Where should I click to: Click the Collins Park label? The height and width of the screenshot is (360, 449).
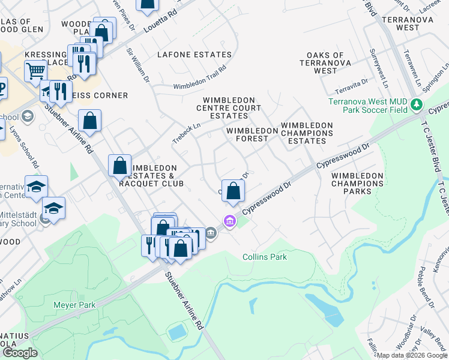tap(265, 257)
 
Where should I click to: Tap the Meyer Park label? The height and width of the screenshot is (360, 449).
tap(74, 305)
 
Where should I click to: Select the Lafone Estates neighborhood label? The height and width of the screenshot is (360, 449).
tap(194, 55)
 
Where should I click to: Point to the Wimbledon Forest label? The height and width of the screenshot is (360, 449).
tap(247, 134)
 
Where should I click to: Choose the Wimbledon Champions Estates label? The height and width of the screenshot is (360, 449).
tap(307, 133)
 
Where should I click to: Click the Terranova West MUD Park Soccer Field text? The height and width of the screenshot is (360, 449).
tap(368, 106)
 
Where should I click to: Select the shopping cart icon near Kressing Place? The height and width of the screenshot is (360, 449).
tap(35, 71)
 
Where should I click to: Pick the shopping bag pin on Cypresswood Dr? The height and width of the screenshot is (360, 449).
tap(234, 191)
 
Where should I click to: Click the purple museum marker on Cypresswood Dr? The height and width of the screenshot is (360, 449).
tap(229, 222)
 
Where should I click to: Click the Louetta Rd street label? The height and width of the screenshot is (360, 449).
tap(161, 21)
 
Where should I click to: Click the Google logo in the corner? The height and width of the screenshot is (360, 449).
tap(20, 353)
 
